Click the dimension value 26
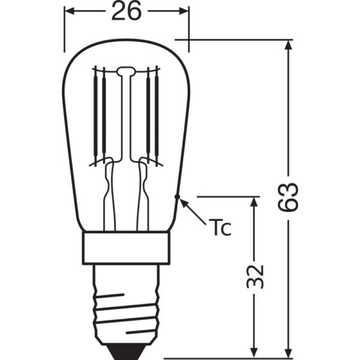tap(126, 11)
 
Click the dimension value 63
tap(289, 196)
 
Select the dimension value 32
tap(255, 275)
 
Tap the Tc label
tap(220, 228)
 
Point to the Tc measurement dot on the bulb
tap(177, 197)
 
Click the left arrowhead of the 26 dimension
tap(70, 11)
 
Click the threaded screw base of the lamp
tap(126, 303)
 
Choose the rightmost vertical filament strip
tap(157, 114)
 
